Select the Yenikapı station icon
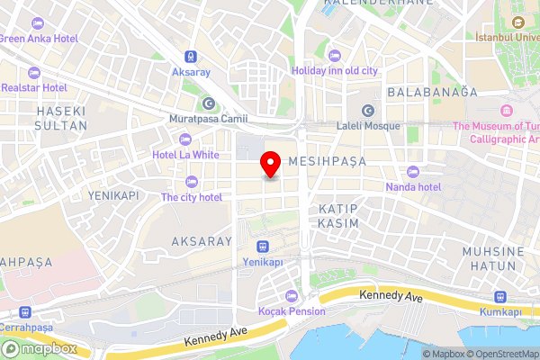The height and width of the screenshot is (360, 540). [263, 246]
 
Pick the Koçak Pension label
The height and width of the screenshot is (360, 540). [292, 311]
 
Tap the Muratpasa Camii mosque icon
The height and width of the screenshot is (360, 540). [209, 103]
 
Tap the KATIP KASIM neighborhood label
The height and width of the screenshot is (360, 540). [338, 215]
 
